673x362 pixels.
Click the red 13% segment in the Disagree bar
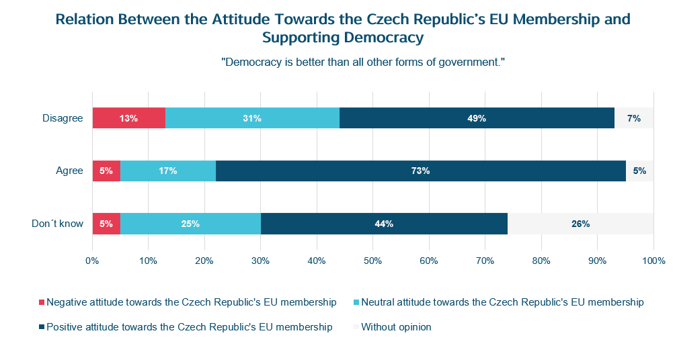[x=128, y=118]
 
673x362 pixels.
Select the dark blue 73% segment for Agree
[x=420, y=171]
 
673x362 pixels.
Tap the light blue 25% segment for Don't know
[x=190, y=224]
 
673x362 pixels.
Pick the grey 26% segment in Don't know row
[x=580, y=224]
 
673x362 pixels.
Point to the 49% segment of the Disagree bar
[x=477, y=118]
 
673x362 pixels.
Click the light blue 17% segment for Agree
[x=168, y=171]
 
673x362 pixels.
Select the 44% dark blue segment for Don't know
[x=384, y=224]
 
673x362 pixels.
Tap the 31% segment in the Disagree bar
[x=252, y=118]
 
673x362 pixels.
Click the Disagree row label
[x=63, y=118]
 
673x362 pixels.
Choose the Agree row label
[x=69, y=171]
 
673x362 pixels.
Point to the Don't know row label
[x=58, y=224]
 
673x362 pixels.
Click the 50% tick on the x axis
[x=373, y=260]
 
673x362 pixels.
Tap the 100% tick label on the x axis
[x=654, y=260]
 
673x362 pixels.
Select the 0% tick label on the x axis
[x=93, y=260]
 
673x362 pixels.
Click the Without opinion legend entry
[x=396, y=327]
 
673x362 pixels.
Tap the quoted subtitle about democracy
[x=363, y=62]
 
